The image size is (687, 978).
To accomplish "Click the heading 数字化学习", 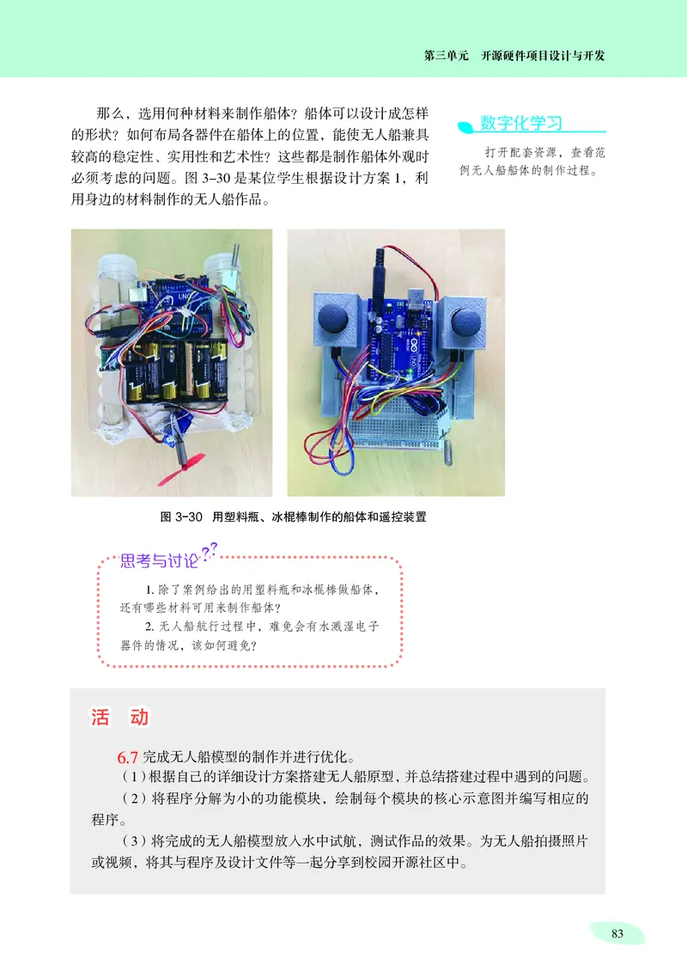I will click(521, 123).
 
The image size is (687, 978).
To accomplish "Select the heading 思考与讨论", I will click(159, 563).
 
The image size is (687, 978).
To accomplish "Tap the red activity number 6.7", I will click(128, 758).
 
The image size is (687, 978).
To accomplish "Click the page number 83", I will click(616, 934).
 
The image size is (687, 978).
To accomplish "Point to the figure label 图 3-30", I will click(180, 517).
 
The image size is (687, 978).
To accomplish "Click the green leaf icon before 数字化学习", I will click(466, 126).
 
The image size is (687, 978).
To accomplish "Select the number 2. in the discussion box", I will click(150, 627).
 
